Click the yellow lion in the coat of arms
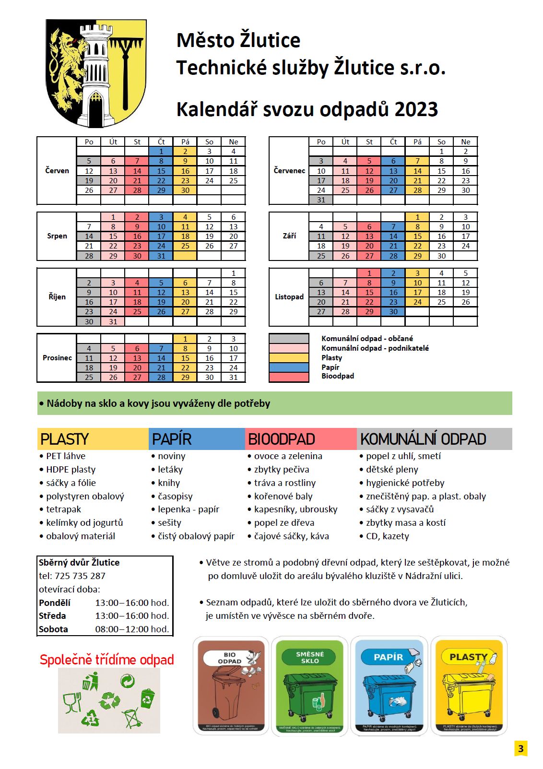[67, 67]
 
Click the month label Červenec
[289, 171]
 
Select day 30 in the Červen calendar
[185, 190]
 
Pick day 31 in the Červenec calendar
[321, 200]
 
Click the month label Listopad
[289, 297]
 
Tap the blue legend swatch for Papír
[289, 367]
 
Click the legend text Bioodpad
[338, 376]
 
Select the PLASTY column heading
[65, 439]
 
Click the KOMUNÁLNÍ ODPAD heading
[423, 439]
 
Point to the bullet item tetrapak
[63, 509]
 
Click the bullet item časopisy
[175, 497]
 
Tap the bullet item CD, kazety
[387, 536]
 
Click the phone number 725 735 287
[80, 576]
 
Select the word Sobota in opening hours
[53, 629]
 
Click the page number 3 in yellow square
[520, 748]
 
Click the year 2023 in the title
[416, 109]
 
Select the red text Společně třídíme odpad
[106, 660]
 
